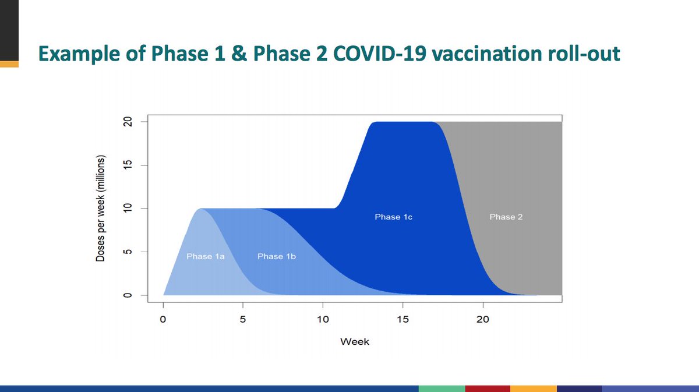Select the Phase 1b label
tap(277, 256)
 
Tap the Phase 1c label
tap(394, 217)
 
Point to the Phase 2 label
tap(506, 217)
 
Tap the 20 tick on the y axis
tap(128, 122)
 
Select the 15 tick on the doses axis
tap(128, 165)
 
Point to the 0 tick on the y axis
tap(128, 295)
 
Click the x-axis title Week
tap(355, 342)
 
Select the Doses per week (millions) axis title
tap(101, 209)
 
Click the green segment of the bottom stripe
tap(442, 389)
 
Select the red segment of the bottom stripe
tap(488, 389)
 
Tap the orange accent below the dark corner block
tap(9, 64)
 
